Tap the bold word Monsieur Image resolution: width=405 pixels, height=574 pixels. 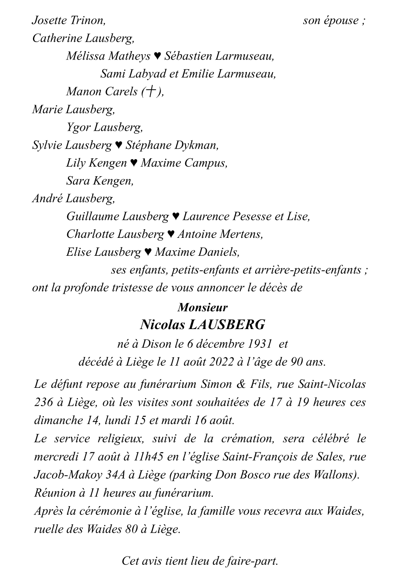[202, 307]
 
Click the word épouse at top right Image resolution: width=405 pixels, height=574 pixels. [341, 20]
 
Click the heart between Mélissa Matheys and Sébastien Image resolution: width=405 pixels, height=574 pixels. [157, 56]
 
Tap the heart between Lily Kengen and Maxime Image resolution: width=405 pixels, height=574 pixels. [133, 163]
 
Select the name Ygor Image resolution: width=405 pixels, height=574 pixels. [78, 127]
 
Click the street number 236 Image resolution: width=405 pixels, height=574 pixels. [44, 402]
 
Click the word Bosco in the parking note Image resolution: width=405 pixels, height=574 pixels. [254, 475]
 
